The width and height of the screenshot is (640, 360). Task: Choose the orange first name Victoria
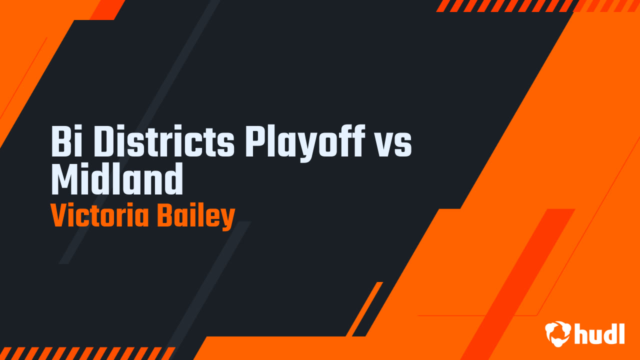(x=99, y=216)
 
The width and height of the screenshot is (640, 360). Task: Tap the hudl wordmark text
(x=599, y=333)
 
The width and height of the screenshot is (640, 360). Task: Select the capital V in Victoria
(x=59, y=216)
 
